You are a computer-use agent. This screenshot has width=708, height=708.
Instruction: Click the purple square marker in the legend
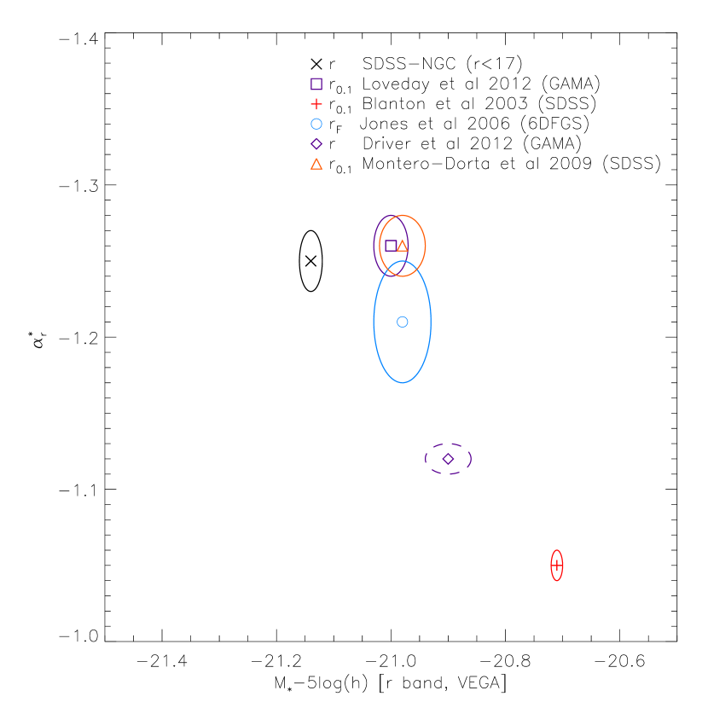tap(316, 84)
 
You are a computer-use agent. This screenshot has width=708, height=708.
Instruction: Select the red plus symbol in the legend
tap(316, 104)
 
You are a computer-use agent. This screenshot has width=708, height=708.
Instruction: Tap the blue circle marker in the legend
tap(316, 124)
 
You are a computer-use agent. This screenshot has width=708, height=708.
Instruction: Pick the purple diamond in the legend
tap(316, 144)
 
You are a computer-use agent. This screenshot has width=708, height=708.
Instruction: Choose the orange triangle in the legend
tap(316, 164)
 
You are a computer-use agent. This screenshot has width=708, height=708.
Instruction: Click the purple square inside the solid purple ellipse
tap(391, 246)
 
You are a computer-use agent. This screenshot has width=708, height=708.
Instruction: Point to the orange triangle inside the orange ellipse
tap(403, 246)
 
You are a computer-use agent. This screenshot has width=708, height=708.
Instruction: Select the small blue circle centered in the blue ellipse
tap(403, 322)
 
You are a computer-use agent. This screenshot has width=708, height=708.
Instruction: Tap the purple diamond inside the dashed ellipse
tap(449, 459)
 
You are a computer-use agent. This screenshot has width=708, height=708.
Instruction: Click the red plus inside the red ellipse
tap(557, 566)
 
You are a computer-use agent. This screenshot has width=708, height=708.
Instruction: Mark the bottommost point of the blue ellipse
tap(403, 383)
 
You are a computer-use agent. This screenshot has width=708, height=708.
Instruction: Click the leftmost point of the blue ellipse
tap(374, 322)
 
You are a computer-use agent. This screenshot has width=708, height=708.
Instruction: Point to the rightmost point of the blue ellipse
tap(432, 322)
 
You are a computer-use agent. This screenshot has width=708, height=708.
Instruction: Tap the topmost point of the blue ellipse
tap(403, 261)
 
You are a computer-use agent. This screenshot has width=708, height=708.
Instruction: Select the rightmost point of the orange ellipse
tap(426, 246)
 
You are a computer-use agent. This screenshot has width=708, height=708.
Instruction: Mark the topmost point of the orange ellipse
tap(403, 215)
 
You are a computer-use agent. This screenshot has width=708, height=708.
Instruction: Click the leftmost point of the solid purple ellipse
tap(374, 246)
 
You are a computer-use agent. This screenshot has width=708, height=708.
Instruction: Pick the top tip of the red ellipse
tap(557, 550)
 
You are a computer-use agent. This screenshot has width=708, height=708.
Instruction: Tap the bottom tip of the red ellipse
tap(557, 581)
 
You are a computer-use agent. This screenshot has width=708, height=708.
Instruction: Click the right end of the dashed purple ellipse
tap(472, 459)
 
